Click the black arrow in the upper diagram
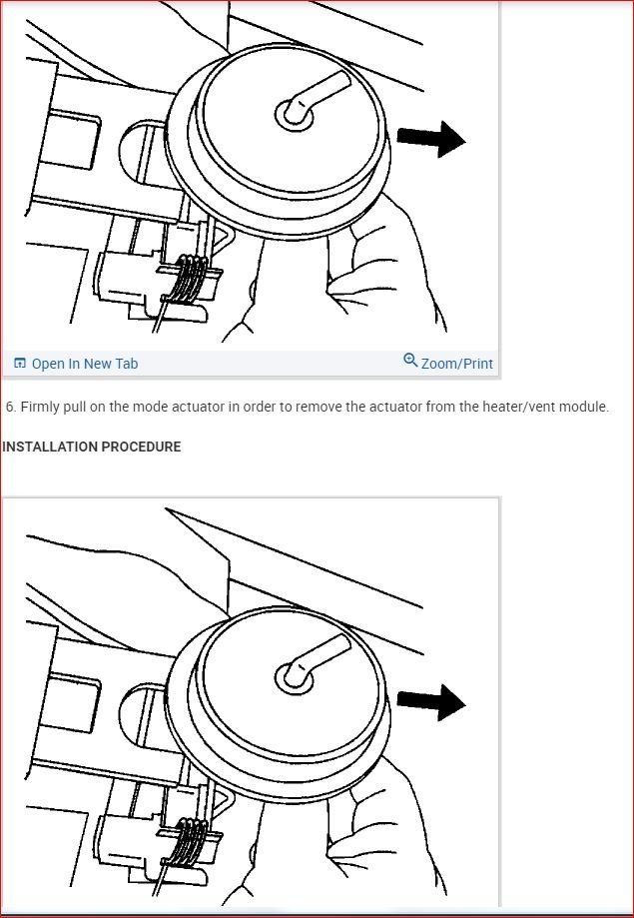coord(431,139)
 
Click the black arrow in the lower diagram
coord(431,702)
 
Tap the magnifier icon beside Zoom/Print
coord(411,360)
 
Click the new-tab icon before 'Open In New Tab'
coord(19,364)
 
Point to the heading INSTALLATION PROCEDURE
coord(91,447)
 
